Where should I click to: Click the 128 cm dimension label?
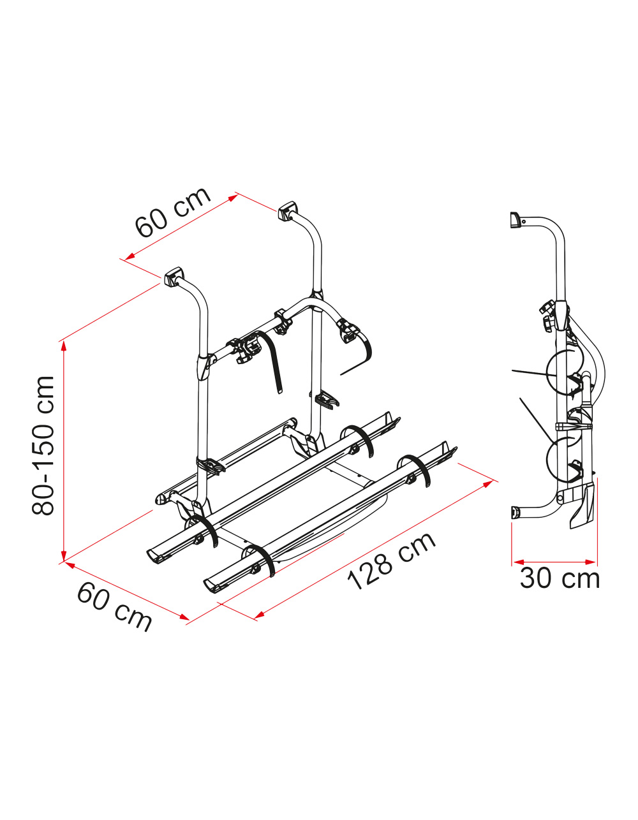392,562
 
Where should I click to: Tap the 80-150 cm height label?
43,446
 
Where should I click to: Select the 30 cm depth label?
560,578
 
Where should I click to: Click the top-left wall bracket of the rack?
174,276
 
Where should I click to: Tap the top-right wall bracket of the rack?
288,211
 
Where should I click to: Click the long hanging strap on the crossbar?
271,360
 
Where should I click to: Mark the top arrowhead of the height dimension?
64,346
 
